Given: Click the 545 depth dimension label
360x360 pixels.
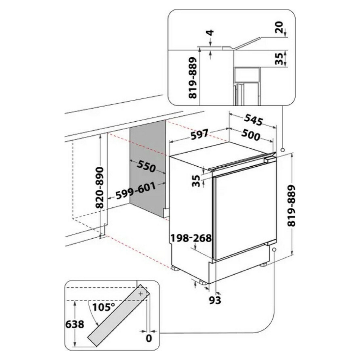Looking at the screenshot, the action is pos(253,120).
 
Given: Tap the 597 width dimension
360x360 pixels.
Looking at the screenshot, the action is pos(199,134).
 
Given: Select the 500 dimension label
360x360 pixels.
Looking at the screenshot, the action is pos(251,135).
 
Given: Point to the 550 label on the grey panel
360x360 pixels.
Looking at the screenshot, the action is pos(146,166).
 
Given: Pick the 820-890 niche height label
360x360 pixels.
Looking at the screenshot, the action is pos(100,188).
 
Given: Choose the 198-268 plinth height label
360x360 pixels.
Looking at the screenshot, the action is pos(191,238).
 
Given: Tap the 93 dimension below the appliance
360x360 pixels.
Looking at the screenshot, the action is pos(215,300).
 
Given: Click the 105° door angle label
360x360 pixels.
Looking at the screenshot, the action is pos(104,307).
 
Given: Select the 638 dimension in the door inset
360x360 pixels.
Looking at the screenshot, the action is pos(75,324).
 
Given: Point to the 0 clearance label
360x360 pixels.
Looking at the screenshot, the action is pos(149,338).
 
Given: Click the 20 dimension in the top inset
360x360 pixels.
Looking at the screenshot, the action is pos(279,27).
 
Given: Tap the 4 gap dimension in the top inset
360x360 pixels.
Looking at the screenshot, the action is pos(210,33).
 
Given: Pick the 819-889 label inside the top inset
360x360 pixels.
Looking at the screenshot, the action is pos(193,78).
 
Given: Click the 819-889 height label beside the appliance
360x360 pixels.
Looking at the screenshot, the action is pos(292,206).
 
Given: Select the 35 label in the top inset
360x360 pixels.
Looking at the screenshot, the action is pos(279,59).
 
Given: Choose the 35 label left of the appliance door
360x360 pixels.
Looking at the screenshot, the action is pos(196,181).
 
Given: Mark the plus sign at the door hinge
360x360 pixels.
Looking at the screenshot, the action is pos(140,293).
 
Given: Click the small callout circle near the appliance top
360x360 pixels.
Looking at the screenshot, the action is pos(283,150).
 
